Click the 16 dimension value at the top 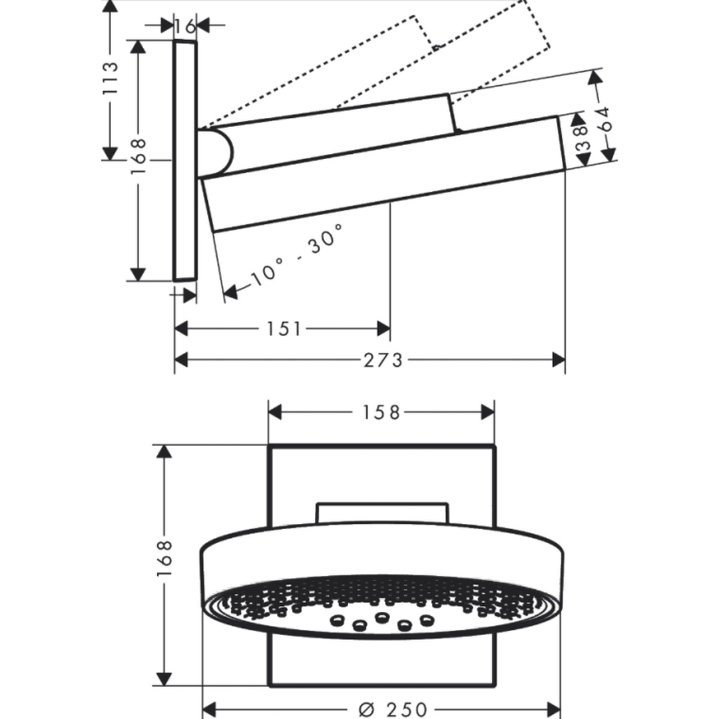click(186, 26)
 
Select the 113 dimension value click(110, 78)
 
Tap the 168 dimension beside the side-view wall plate click(138, 156)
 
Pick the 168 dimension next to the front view click(164, 559)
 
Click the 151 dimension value click(284, 329)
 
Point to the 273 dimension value click(383, 360)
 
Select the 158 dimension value click(381, 412)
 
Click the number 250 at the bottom click(406, 710)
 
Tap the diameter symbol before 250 click(367, 710)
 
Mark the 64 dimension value click(606, 119)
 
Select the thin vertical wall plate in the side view click(185, 160)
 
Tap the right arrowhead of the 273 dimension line click(559, 360)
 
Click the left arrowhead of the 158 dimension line click(275, 412)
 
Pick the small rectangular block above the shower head click(382, 513)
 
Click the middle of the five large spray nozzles click(381, 617)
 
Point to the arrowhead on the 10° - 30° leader click(230, 292)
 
